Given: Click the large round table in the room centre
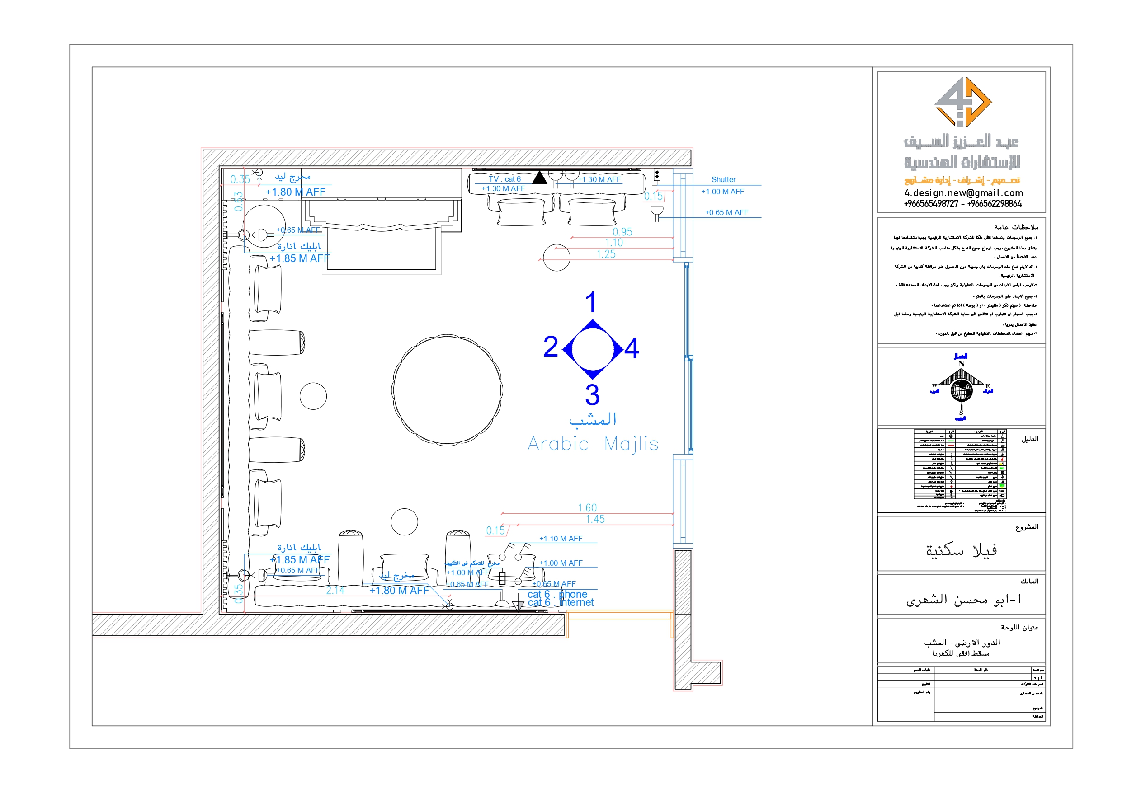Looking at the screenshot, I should pyautogui.click(x=447, y=389).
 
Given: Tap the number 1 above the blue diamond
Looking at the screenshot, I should pyautogui.click(x=591, y=302).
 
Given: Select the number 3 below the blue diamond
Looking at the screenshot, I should pyautogui.click(x=592, y=395).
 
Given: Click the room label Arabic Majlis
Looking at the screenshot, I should pyautogui.click(x=593, y=444).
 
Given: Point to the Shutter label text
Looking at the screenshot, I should pyautogui.click(x=723, y=180).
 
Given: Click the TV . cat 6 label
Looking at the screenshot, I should pyautogui.click(x=504, y=179).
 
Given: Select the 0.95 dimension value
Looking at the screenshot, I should pyautogui.click(x=622, y=232).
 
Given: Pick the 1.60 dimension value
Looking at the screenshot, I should pyautogui.click(x=587, y=508).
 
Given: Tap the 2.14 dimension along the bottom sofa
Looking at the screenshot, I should pyautogui.click(x=335, y=590).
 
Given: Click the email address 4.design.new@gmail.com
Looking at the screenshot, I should pyautogui.click(x=963, y=193).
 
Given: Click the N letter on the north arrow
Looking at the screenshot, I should pyautogui.click(x=961, y=364).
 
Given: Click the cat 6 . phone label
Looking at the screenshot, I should pyautogui.click(x=557, y=594).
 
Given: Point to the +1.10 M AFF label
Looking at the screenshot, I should pyautogui.click(x=561, y=539).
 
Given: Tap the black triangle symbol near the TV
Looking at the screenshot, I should pyautogui.click(x=539, y=178).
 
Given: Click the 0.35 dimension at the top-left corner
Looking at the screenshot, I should pyautogui.click(x=240, y=179).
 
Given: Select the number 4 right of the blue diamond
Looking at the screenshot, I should pyautogui.click(x=632, y=348).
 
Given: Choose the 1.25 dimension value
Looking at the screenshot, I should pyautogui.click(x=605, y=254).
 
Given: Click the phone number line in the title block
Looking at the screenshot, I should pyautogui.click(x=962, y=204).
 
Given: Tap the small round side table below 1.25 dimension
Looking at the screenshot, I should pyautogui.click(x=556, y=258).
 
